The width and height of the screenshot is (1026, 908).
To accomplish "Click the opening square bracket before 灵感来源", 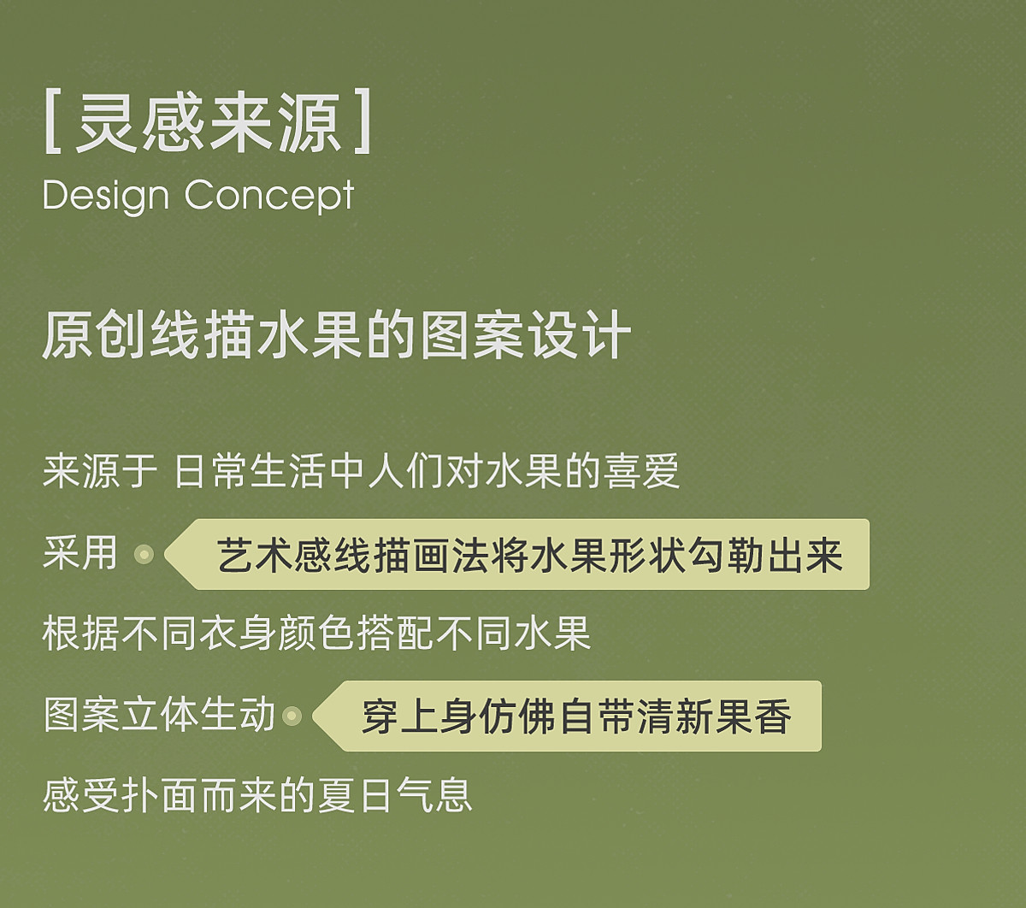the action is [x=53, y=121].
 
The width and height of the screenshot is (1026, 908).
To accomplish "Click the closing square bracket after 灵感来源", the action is [x=363, y=121].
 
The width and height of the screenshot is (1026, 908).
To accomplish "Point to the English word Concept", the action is [x=269, y=197].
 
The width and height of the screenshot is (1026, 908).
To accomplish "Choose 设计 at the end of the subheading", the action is [x=578, y=335].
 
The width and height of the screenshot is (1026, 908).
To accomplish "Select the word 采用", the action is [x=80, y=552].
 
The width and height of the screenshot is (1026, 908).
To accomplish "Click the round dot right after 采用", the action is [x=144, y=554].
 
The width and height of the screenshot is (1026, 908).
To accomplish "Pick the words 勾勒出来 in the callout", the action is [x=765, y=556].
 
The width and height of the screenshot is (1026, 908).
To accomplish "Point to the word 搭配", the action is [x=394, y=634].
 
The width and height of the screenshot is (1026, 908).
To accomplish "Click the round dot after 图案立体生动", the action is [x=292, y=716].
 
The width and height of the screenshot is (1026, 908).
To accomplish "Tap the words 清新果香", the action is [x=714, y=716].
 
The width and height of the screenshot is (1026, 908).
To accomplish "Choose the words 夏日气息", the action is [x=395, y=796].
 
